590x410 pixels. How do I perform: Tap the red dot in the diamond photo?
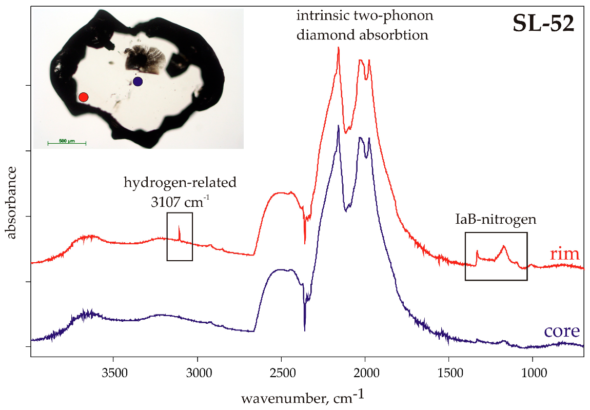point(83,96)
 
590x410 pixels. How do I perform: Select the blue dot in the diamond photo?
point(137,81)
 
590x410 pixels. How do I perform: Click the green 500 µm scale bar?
point(66,142)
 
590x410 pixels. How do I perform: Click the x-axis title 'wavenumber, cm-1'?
point(302,396)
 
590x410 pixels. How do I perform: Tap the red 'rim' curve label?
point(564,253)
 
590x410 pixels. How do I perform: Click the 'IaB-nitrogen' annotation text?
point(496,220)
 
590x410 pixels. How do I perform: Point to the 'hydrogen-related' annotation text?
point(180,182)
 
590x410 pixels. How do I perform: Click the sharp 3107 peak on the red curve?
point(179,226)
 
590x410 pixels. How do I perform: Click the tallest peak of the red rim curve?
point(338,48)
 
